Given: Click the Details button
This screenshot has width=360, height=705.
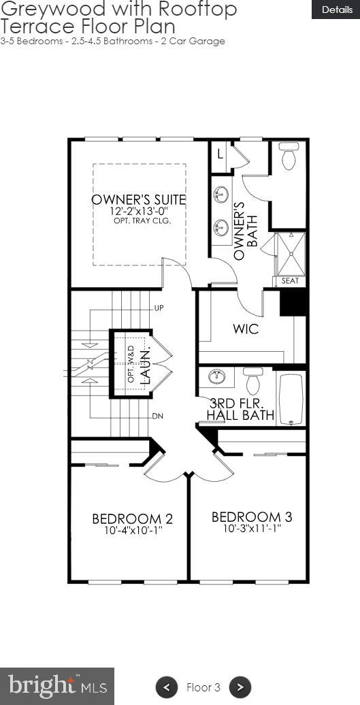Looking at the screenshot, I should pyautogui.click(x=336, y=10).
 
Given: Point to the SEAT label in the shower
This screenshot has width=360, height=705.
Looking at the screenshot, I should pyautogui.click(x=289, y=281).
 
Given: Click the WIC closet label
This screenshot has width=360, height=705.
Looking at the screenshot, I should pyautogui.click(x=246, y=329).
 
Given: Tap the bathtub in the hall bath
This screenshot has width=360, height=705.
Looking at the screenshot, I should pyautogui.click(x=291, y=399).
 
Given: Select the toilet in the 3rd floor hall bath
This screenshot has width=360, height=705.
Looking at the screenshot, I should pyautogui.click(x=253, y=381).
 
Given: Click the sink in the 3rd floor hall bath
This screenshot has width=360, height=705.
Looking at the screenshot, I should pyautogui.click(x=216, y=377).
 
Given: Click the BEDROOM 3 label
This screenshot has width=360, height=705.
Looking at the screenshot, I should pyautogui.click(x=246, y=517).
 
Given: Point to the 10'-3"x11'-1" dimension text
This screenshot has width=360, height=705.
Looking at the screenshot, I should pyautogui.click(x=246, y=528).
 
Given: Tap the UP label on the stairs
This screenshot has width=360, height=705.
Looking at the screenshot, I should pyautogui.click(x=159, y=308).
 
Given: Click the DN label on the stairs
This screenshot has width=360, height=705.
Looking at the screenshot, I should pyautogui.click(x=158, y=416).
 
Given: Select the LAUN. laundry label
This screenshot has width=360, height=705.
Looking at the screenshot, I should pyautogui.click(x=144, y=368).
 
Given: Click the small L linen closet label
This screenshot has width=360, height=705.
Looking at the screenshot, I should pyautogui.click(x=219, y=154).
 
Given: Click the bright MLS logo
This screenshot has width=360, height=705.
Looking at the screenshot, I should pyautogui.click(x=57, y=685).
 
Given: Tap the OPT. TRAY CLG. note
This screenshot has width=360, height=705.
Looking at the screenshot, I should pyautogui.click(x=142, y=221).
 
